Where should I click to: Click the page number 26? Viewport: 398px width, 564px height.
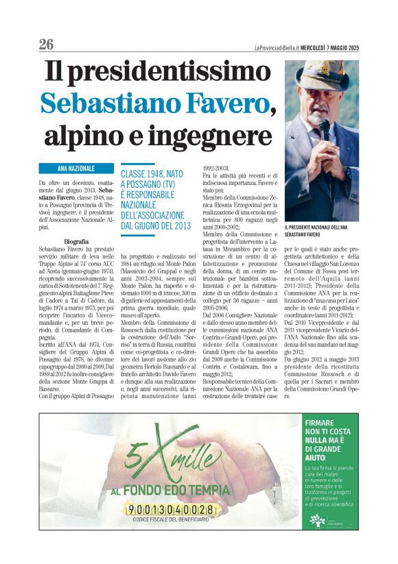[x=46, y=45]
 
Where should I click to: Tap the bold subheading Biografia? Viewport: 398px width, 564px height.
[x=74, y=242]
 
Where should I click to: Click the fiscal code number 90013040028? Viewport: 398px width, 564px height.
[x=170, y=510]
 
